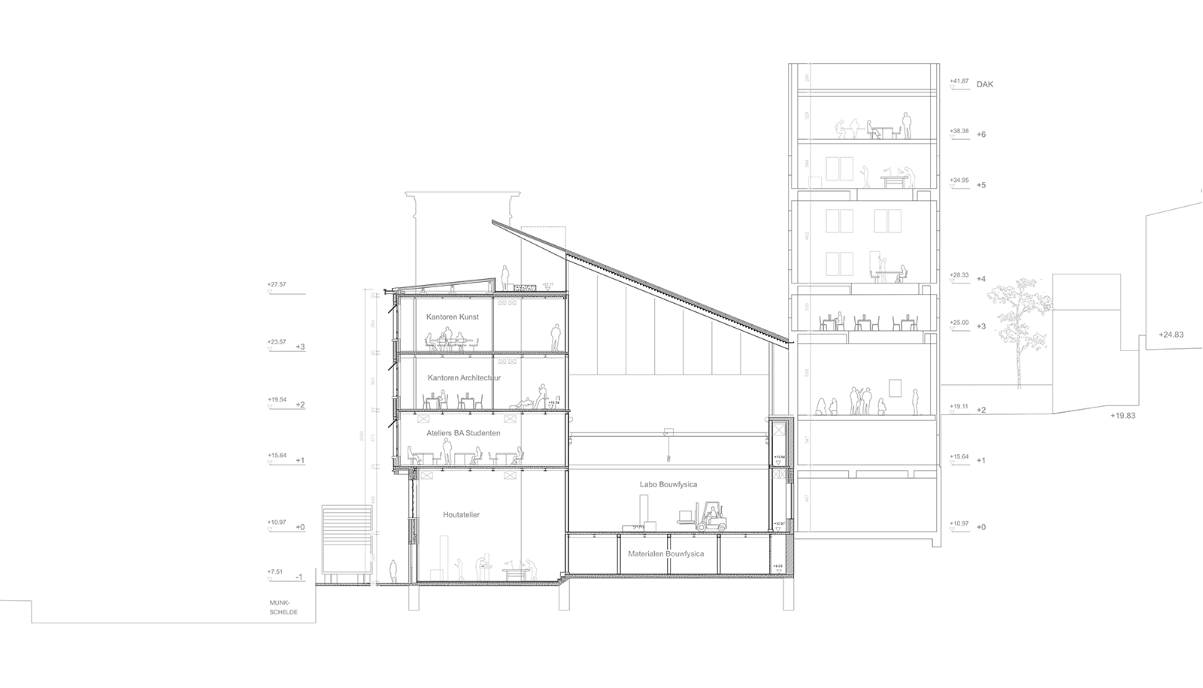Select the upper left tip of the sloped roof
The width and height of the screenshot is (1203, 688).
pos(566,253)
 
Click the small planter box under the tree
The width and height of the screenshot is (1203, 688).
pos(1020,392)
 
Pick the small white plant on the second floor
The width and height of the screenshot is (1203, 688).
pos(553,402)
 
